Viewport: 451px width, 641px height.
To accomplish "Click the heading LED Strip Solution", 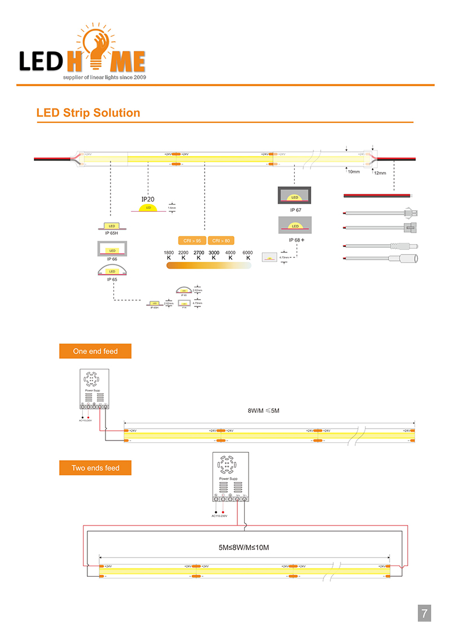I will coord(88,113).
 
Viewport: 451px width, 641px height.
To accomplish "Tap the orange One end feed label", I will coord(95,351).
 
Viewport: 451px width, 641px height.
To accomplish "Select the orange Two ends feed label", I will coord(95,468).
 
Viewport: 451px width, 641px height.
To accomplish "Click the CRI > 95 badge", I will coord(192,241).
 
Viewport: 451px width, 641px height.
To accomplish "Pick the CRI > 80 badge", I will coord(221,241).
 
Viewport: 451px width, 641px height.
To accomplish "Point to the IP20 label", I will coord(148,199).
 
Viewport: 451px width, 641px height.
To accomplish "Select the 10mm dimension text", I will coord(353,171).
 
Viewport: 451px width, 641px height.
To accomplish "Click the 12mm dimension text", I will coord(380,173).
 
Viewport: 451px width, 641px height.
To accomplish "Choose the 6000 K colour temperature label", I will coord(247,255).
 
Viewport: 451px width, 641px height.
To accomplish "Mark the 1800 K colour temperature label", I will coord(169,255).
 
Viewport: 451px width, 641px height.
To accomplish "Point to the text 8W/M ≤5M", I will coord(264,411).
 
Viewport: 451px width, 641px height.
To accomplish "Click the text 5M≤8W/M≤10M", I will coord(244,547).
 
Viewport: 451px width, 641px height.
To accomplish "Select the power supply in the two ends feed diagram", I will coord(229,477).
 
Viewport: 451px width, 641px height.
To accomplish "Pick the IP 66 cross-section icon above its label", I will coord(112,248).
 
